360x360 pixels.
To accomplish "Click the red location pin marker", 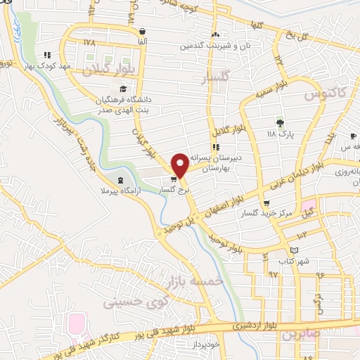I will [180, 164].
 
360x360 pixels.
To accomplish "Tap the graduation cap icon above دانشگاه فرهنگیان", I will [124, 89].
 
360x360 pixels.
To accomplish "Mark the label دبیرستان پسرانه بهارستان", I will [221, 163].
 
